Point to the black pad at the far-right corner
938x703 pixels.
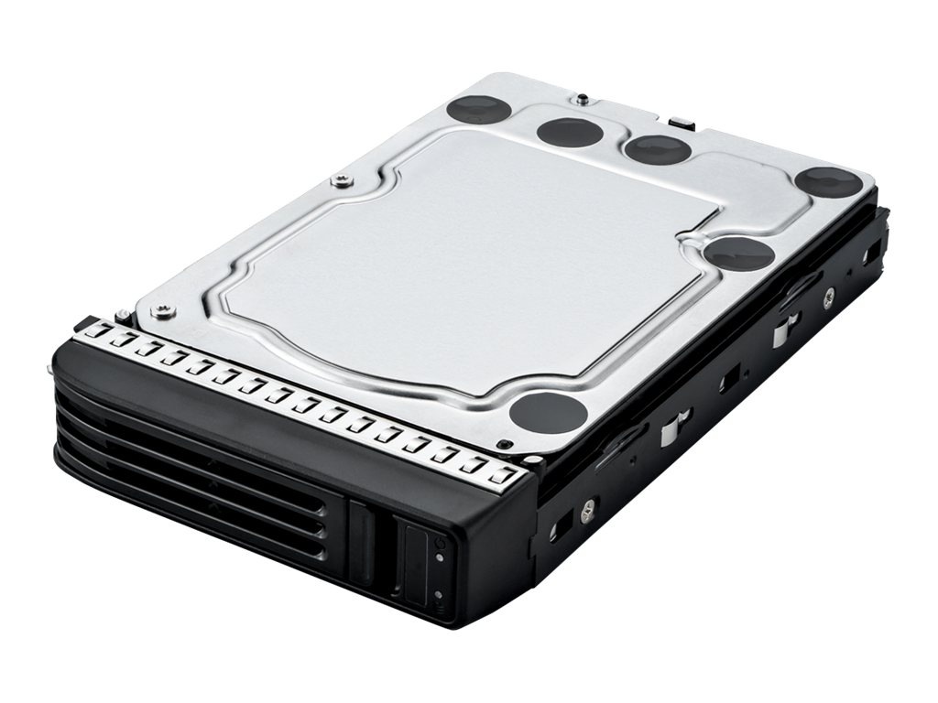(828, 181)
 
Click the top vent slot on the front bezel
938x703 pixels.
(211, 430)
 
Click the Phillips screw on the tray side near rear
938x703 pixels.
(828, 295)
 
